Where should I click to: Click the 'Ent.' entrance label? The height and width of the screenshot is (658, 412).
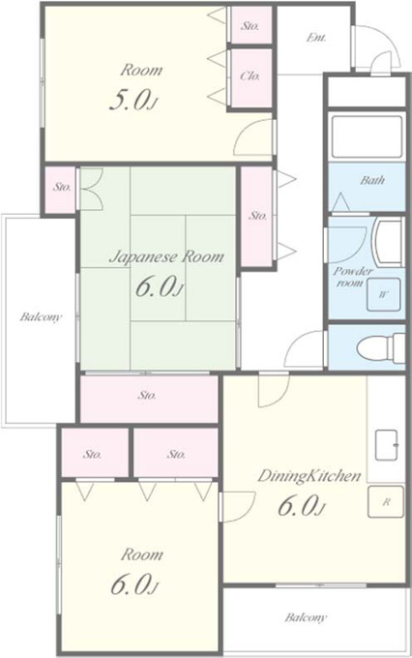316,38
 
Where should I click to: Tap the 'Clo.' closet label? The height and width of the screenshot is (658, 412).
250,76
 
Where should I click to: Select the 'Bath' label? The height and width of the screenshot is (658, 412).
372,180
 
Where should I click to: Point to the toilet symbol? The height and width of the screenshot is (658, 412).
380,347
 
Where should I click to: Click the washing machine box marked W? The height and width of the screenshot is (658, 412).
383,294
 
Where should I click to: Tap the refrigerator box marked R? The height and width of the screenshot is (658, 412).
386,501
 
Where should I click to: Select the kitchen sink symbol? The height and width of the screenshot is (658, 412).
386,445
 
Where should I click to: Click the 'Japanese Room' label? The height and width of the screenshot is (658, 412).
166,256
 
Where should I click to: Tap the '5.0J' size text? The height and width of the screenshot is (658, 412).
133,101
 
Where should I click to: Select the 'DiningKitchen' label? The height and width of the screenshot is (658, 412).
309,476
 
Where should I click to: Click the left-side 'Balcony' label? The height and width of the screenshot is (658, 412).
41,316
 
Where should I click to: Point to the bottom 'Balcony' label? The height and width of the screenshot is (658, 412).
306,617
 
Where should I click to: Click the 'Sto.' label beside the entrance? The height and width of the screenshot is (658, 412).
250,26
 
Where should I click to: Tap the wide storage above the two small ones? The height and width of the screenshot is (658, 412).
149,399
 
